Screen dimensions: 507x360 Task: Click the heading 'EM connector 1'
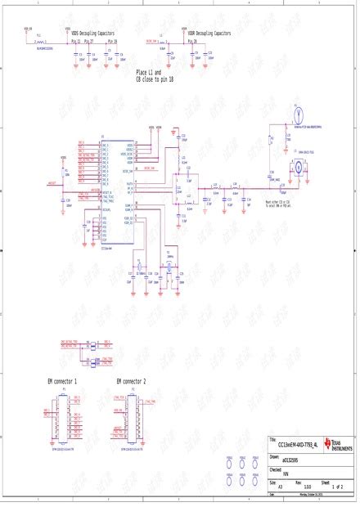click(x=63, y=382)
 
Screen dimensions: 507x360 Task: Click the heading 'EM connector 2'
click(x=131, y=382)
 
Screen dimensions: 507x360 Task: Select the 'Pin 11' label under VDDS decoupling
click(x=76, y=40)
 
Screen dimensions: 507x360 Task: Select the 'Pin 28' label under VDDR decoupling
click(x=191, y=40)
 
